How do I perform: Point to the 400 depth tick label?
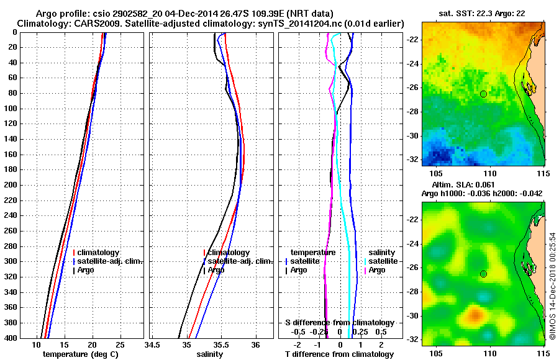[x=11, y=338]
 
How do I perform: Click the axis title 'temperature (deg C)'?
[x=80, y=354]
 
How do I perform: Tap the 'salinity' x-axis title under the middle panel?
[x=209, y=354]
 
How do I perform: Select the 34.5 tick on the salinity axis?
[x=153, y=344]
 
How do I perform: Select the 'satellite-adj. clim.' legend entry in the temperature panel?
[x=110, y=261]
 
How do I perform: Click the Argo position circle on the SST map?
[x=483, y=94]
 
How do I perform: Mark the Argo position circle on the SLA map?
[x=483, y=274]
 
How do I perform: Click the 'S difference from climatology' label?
[x=339, y=323]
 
